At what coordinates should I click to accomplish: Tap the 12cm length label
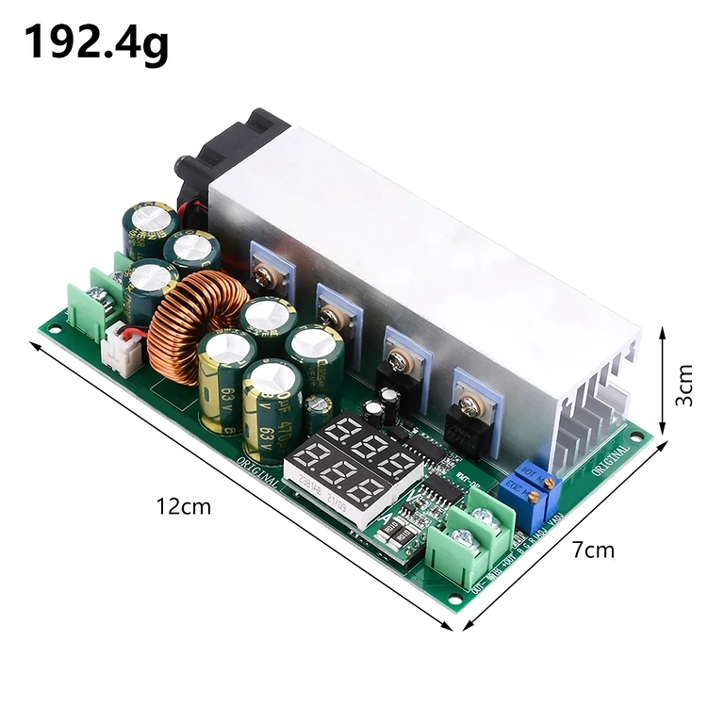pyautogui.click(x=184, y=506)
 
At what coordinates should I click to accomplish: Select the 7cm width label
pyautogui.click(x=593, y=550)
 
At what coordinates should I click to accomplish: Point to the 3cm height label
pyautogui.click(x=685, y=385)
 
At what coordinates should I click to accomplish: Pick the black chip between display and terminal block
pyautogui.click(x=439, y=489)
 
